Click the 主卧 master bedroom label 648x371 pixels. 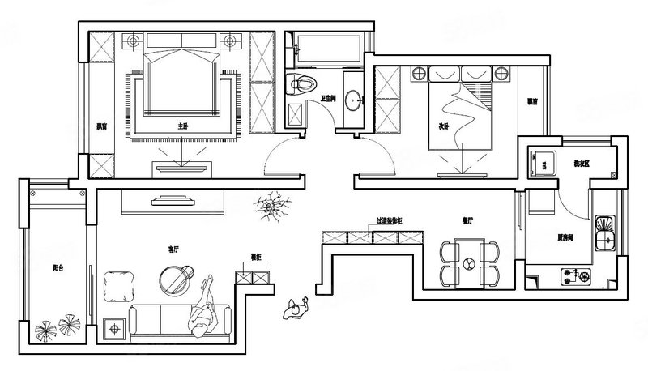(x=183, y=126)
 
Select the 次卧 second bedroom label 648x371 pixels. (x=443, y=126)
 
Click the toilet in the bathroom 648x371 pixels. (x=301, y=83)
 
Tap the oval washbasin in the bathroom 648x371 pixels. (x=353, y=100)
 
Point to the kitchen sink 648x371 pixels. (x=603, y=232)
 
